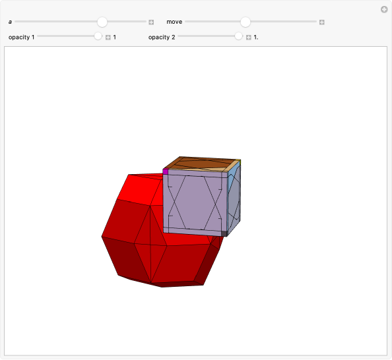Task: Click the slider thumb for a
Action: (102, 22)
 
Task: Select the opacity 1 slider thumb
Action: (98, 37)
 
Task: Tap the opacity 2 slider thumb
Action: (239, 37)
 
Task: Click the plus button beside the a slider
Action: (151, 22)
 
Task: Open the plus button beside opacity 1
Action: (108, 37)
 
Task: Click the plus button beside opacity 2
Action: (249, 37)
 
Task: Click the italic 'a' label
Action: (11, 22)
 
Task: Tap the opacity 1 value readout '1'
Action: (115, 37)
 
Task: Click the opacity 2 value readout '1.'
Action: (256, 37)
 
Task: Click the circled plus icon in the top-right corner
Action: (384, 9)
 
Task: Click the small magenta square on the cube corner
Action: (166, 171)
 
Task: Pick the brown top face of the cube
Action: (201, 164)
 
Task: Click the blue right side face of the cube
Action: (234, 198)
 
